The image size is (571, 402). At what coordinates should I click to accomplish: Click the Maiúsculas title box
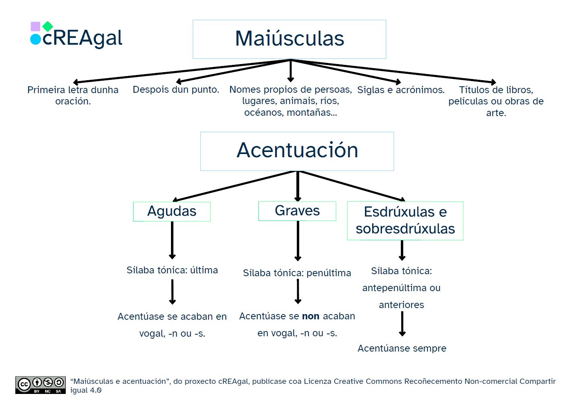(289, 39)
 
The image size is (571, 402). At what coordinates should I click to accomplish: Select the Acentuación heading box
(297, 151)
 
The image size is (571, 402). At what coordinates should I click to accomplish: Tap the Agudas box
(172, 211)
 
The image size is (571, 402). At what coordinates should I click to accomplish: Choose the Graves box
(297, 211)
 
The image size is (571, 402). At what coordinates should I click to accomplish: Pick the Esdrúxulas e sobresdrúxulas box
(405, 221)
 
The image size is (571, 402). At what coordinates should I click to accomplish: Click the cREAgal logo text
(82, 38)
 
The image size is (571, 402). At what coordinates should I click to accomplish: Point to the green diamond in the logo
(48, 27)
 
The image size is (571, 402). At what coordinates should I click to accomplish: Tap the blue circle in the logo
(35, 39)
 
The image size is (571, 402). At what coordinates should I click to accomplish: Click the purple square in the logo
(35, 27)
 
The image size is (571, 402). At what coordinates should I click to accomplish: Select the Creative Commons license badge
(40, 385)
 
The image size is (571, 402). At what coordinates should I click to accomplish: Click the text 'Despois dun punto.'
(176, 90)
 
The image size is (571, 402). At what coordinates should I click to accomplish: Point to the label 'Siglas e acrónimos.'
(401, 90)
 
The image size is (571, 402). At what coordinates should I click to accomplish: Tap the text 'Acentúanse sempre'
(402, 348)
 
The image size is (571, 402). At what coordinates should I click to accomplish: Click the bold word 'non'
(311, 317)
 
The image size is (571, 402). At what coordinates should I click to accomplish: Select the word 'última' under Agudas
(204, 270)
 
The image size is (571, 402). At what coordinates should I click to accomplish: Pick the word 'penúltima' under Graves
(329, 273)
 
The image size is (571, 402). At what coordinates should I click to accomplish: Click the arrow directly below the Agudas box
(172, 240)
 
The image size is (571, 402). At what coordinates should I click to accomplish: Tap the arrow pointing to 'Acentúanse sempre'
(402, 324)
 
